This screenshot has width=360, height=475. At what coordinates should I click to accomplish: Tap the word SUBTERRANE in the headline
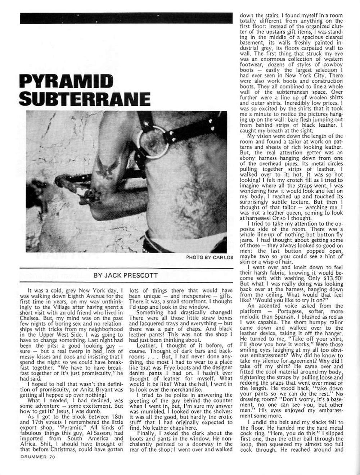click(84, 98)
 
